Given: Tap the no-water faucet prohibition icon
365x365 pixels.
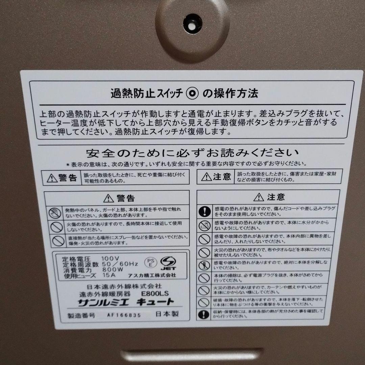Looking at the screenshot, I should click(x=204, y=225).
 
